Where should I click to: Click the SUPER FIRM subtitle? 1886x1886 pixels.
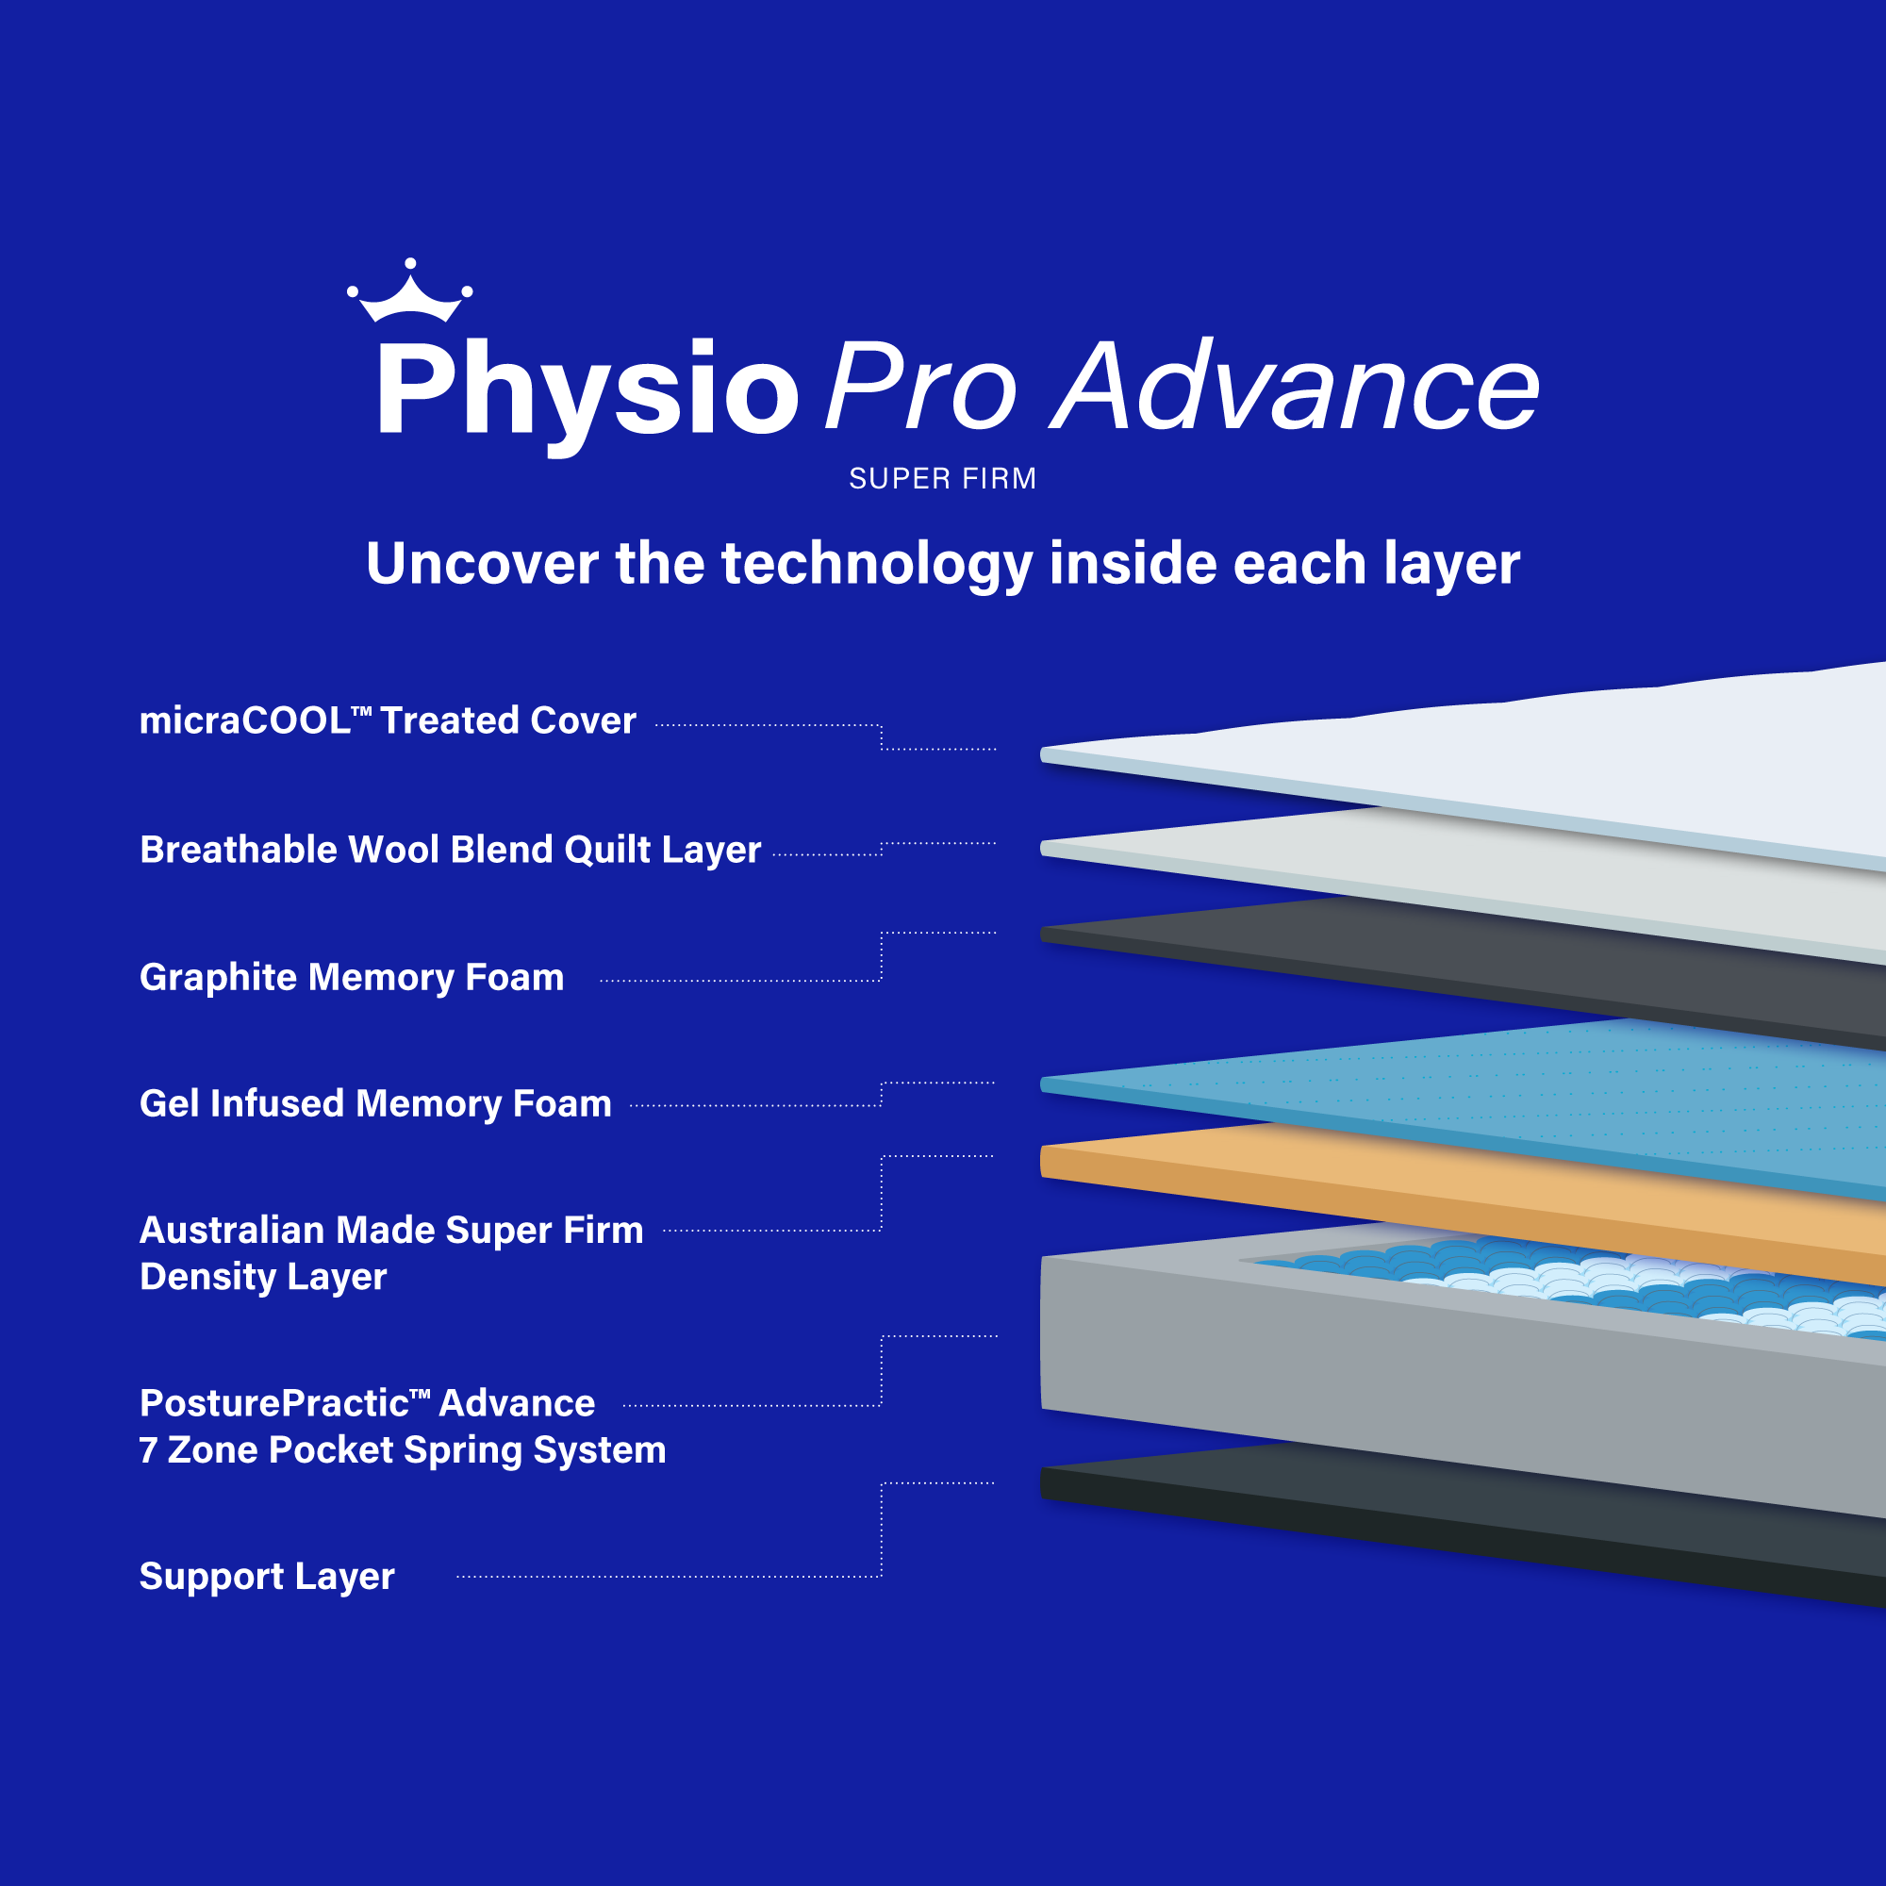pos(943,478)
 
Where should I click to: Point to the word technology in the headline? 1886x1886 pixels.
pos(877,565)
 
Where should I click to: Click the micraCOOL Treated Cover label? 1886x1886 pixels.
pos(388,720)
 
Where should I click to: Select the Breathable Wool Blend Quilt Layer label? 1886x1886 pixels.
pos(450,851)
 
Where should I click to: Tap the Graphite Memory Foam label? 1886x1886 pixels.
pos(352,977)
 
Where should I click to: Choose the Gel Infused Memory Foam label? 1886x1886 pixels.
pos(376,1104)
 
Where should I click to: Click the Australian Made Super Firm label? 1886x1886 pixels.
pos(391,1230)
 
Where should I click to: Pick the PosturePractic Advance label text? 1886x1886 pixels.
pos(367,1403)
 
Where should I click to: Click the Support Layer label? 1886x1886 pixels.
pos(267,1577)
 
